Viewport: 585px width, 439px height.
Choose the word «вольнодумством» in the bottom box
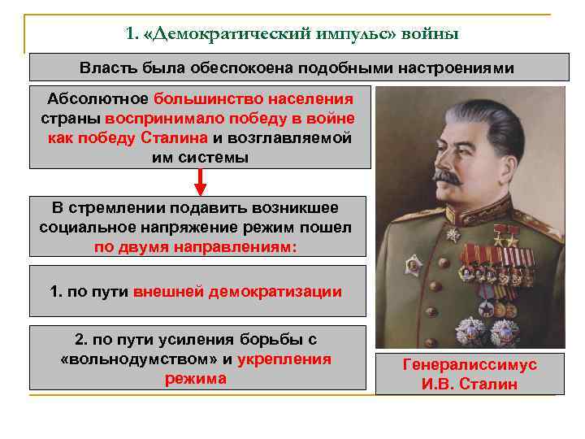point(138,359)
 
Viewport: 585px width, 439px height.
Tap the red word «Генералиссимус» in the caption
point(470,365)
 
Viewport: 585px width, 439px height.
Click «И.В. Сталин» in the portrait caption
point(470,384)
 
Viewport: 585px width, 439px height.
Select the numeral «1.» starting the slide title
point(133,34)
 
